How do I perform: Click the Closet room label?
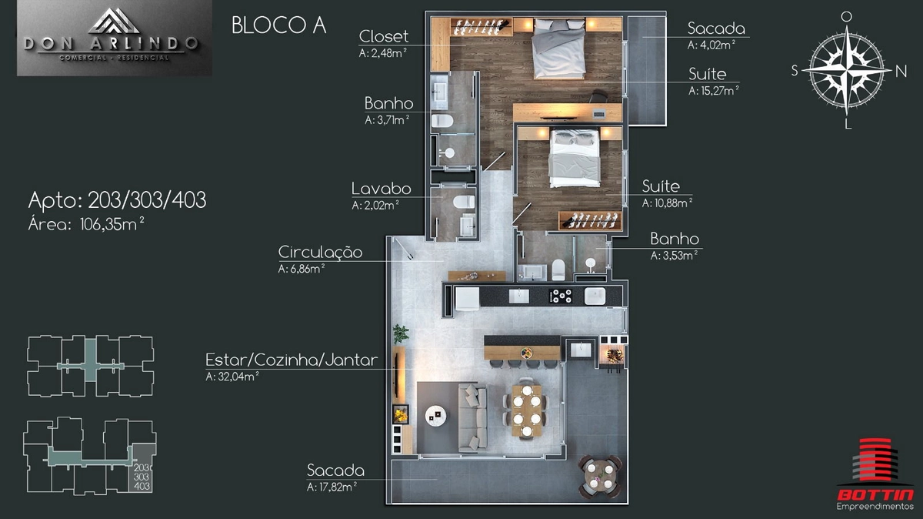(x=384, y=36)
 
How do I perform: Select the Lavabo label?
(x=382, y=189)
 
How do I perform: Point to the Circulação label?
(x=320, y=252)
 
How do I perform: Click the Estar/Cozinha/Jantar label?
(x=292, y=360)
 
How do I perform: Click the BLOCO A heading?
(x=279, y=25)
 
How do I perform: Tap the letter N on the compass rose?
(x=901, y=72)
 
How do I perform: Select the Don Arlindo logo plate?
(x=115, y=38)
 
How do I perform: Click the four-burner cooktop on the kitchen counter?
(x=561, y=296)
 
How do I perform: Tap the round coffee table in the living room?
(x=435, y=416)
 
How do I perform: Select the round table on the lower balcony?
(x=599, y=476)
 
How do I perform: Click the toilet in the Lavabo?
(x=464, y=203)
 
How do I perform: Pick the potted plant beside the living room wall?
(x=400, y=333)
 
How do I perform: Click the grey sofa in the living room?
(x=472, y=417)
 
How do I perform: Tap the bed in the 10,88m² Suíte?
(x=574, y=157)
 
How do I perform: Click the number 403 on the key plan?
(x=142, y=486)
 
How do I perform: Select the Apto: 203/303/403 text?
(x=117, y=200)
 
